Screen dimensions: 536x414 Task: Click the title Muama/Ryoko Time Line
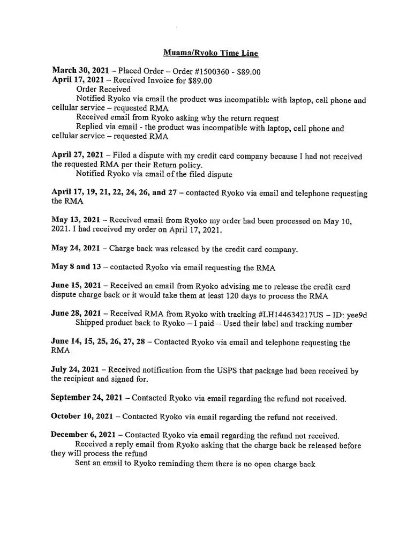[x=210, y=53]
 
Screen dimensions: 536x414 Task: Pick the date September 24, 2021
[x=89, y=398]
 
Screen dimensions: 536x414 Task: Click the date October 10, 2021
[x=82, y=416]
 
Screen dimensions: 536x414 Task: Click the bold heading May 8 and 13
[x=77, y=267]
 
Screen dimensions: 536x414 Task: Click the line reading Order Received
[x=103, y=90]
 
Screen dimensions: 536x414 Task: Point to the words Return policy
[x=176, y=165]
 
